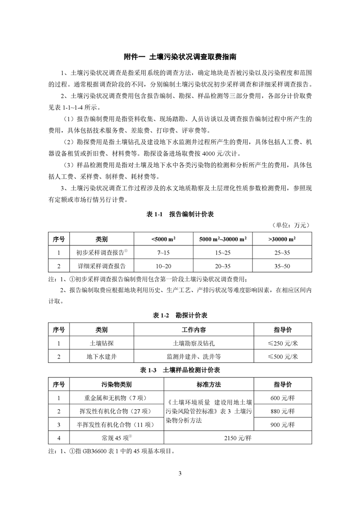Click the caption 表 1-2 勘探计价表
[x=180, y=315]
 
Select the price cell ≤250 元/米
[x=282, y=343]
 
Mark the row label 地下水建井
[x=102, y=357]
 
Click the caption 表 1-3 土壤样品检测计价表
[x=180, y=370]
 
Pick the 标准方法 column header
[x=209, y=384]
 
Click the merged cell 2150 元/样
[x=237, y=439]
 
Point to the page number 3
[x=180, y=474]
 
